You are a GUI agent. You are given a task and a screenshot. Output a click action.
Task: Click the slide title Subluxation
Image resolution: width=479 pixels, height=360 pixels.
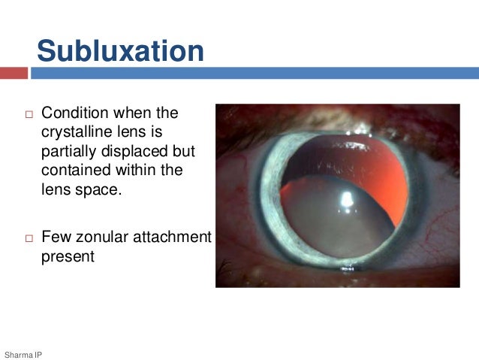click(120, 51)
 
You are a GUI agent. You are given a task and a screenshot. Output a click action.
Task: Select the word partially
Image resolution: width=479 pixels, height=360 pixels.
click(70, 151)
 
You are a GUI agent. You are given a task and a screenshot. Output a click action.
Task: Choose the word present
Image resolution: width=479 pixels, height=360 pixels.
click(68, 256)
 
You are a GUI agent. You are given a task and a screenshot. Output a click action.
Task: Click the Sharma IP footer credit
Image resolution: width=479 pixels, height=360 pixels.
click(23, 353)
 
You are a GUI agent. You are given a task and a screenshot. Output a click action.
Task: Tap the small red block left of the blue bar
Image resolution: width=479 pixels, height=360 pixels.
click(14, 73)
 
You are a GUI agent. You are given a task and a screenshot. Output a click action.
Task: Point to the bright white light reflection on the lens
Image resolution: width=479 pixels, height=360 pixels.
click(348, 199)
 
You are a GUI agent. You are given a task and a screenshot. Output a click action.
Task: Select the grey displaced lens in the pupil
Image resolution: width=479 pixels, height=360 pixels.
click(330, 225)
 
